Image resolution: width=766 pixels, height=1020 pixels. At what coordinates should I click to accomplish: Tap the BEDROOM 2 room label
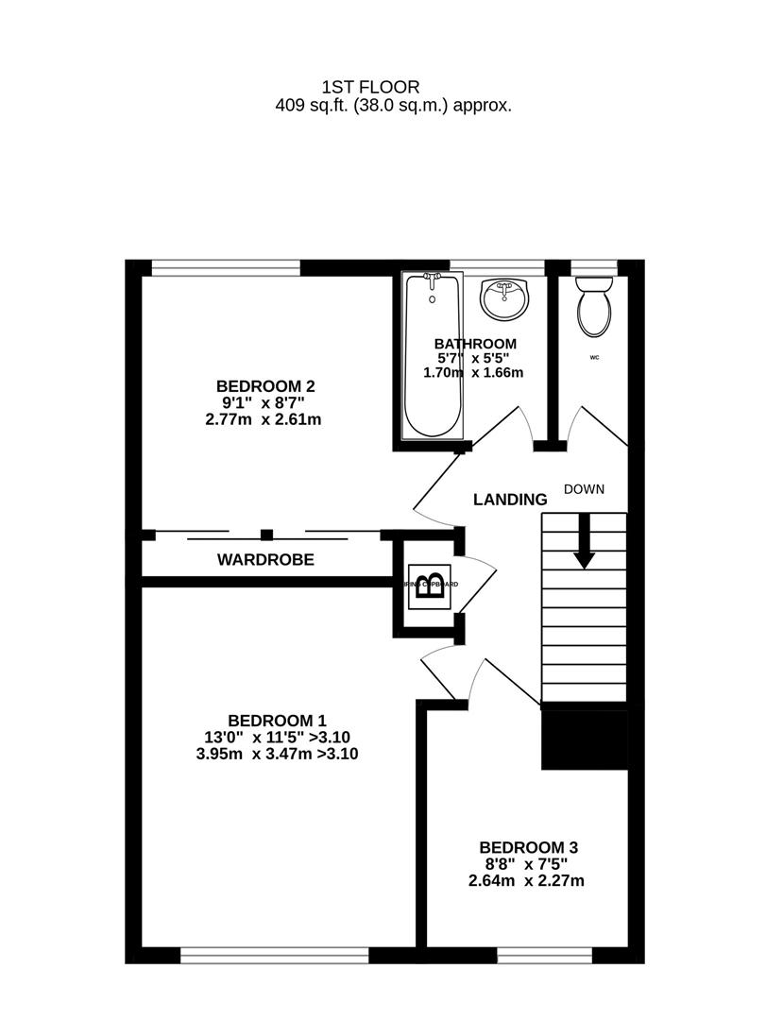264,385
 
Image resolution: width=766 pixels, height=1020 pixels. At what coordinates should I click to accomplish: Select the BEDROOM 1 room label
277,720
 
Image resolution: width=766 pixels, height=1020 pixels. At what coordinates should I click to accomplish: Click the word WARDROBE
265,560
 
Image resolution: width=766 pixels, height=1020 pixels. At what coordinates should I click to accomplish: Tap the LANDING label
510,500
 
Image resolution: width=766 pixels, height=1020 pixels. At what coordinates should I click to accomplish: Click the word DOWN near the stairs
584,489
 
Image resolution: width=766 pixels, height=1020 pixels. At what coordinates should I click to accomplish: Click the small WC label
595,357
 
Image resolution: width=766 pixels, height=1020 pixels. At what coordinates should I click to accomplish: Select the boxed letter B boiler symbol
430,586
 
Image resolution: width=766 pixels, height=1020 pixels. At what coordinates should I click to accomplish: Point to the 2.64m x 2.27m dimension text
526,882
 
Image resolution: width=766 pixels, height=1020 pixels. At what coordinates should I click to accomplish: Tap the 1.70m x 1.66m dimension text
475,373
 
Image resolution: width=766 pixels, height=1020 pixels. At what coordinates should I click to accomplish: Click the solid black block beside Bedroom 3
585,739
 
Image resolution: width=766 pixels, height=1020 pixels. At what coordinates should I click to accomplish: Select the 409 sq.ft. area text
393,106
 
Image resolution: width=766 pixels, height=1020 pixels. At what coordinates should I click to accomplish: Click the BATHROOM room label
475,344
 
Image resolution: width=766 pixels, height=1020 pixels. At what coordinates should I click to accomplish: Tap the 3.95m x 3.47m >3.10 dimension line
277,755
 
